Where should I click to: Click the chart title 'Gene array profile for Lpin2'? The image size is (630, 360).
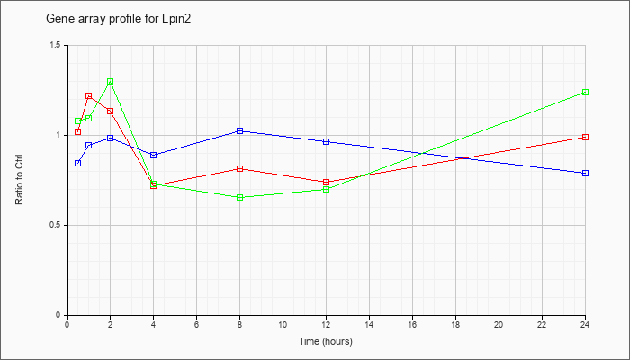[x=119, y=19]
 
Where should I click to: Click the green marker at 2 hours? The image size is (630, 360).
[x=110, y=82]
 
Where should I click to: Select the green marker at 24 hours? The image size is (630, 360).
[x=585, y=93]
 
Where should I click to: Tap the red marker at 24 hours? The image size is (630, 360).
[x=585, y=138]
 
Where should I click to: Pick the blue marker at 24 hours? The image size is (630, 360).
[x=585, y=173]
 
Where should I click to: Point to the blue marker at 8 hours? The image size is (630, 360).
[x=240, y=131]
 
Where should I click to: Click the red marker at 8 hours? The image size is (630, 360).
[x=240, y=169]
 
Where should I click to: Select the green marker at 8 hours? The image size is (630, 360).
[x=240, y=198]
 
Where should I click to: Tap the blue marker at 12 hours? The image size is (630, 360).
[x=326, y=142]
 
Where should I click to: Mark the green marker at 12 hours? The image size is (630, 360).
[x=326, y=189]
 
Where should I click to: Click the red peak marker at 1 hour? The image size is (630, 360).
[x=89, y=96]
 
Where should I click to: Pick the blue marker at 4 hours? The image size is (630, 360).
[x=154, y=155]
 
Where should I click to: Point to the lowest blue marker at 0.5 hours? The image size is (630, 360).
[x=78, y=163]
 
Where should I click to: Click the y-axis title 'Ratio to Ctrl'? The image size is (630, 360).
[x=19, y=180]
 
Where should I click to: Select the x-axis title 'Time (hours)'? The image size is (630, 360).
[x=326, y=341]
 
